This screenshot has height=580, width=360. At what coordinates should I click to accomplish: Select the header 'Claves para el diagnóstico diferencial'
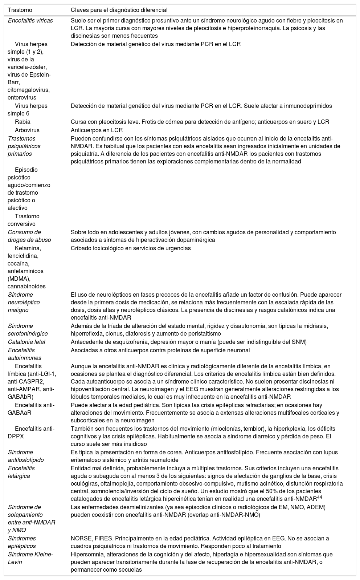click(x=119, y=10)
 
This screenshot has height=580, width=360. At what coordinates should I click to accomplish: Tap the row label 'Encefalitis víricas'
click(x=30, y=20)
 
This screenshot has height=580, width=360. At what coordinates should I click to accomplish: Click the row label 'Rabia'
click(x=22, y=122)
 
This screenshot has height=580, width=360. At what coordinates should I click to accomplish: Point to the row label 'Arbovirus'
click(x=27, y=130)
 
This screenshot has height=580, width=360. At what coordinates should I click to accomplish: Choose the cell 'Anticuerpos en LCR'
click(x=97, y=130)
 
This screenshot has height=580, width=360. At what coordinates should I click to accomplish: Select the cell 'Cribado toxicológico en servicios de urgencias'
click(x=131, y=248)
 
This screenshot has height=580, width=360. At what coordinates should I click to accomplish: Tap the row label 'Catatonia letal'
click(x=26, y=342)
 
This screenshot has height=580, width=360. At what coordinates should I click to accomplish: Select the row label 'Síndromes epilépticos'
click(x=22, y=542)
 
